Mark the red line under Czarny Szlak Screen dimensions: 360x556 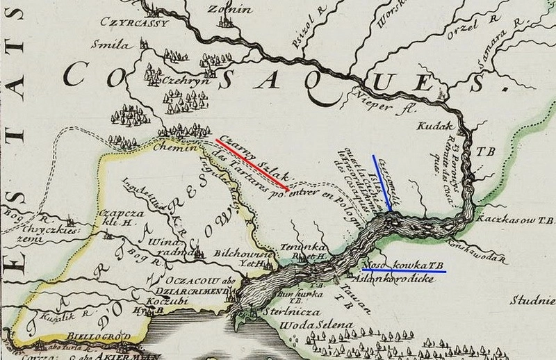252,165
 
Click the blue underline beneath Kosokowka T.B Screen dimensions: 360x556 404,270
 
